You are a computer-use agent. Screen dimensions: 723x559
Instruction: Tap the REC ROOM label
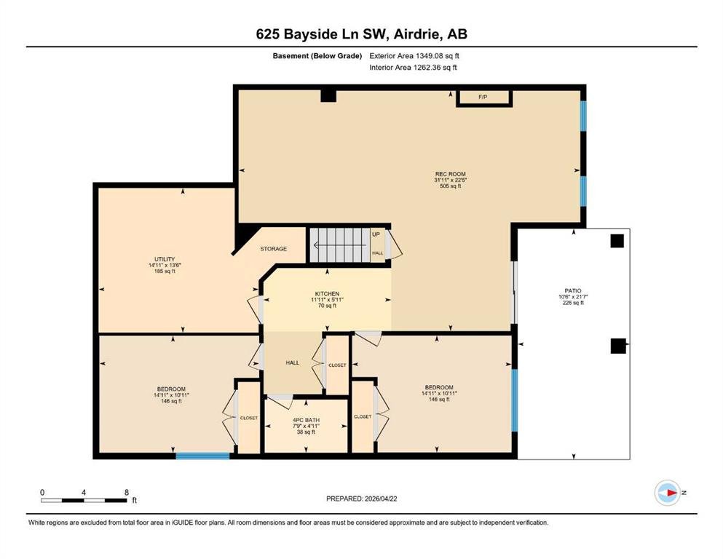tap(451, 174)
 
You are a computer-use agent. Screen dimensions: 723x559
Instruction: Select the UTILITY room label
tap(165, 259)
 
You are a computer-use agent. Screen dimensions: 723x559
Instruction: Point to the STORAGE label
tap(274, 249)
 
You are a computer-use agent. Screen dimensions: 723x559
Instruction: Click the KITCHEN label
tap(327, 293)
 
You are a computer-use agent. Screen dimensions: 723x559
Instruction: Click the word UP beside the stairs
tap(376, 234)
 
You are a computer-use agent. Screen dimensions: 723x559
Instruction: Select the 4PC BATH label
tap(307, 420)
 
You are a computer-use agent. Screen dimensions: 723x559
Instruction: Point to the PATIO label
tap(573, 291)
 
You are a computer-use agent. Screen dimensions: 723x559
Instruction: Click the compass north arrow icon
tap(668, 493)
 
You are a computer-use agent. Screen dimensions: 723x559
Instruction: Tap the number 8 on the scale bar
tap(127, 492)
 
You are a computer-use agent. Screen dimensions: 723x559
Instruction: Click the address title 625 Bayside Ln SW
tap(324, 34)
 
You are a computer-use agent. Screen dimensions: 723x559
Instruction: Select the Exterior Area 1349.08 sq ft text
tap(414, 56)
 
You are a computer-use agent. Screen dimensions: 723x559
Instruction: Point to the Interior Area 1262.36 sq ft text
tap(413, 67)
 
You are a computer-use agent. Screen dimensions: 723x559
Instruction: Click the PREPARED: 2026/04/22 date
tap(361, 499)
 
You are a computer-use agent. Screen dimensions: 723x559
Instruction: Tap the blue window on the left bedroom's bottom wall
tap(203, 456)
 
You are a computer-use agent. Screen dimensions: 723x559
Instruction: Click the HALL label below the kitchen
tap(293, 362)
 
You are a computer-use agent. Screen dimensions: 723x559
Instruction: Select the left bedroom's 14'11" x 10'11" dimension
tap(172, 395)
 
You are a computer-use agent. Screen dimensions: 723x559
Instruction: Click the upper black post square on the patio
tap(617, 241)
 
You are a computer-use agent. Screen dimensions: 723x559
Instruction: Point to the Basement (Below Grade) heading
tap(317, 56)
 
